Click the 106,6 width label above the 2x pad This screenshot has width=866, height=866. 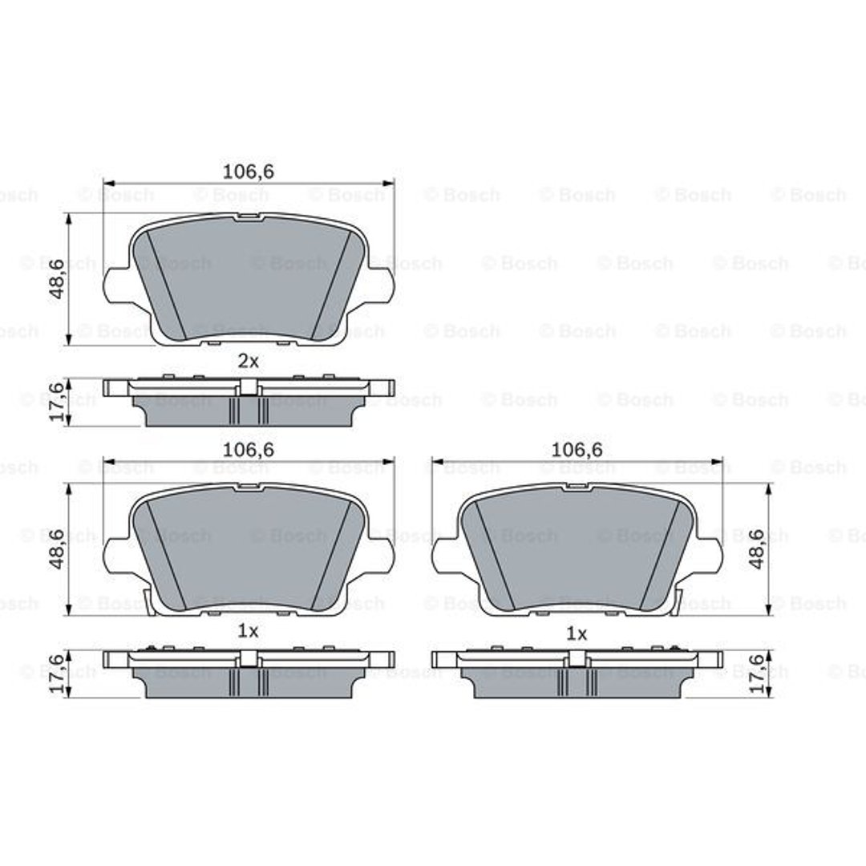pos(248,172)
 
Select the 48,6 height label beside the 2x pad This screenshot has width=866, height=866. pos(58,280)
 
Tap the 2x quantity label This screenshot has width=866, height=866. pos(248,361)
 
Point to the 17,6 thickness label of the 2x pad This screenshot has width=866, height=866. pos(58,402)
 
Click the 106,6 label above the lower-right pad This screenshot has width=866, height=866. pos(577,450)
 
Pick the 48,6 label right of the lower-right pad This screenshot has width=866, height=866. pos(757,548)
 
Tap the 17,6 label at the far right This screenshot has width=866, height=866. pos(757,674)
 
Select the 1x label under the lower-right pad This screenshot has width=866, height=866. pos(577,634)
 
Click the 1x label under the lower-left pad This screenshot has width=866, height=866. pos(248,631)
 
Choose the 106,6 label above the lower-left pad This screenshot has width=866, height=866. pos(248,450)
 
